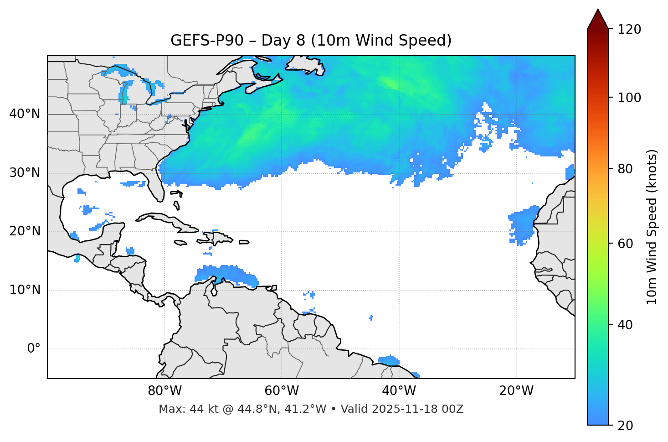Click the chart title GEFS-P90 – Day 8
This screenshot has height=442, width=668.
coord(311,41)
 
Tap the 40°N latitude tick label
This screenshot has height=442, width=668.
coord(25,114)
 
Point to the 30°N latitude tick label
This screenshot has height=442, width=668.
coord(25,173)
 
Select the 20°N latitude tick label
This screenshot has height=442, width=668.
coord(25,231)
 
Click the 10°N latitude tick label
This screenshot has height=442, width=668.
coord(25,290)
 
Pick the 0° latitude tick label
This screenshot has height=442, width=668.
coord(34,349)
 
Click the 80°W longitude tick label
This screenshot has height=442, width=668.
coord(164,391)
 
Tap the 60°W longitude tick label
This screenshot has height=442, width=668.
coord(282,391)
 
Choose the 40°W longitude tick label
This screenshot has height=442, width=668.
coord(399,391)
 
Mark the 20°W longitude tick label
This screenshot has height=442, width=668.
coord(516,391)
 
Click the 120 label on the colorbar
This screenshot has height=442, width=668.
coord(629,30)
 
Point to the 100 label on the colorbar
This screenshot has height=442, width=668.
coord(629,98)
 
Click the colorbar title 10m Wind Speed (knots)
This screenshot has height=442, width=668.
coord(652,227)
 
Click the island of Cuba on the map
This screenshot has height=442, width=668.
coord(164,219)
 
